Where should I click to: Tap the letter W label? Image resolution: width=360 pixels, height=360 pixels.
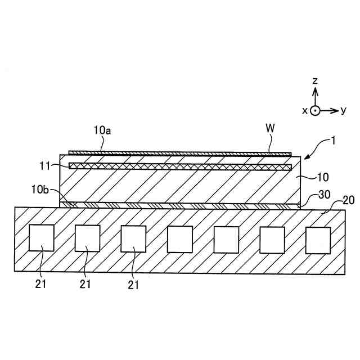271,128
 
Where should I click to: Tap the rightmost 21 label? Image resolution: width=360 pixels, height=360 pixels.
133,285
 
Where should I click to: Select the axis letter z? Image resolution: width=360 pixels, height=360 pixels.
316,82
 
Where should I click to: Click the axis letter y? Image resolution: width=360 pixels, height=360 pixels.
344,111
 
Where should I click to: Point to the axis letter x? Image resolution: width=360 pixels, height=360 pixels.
305,111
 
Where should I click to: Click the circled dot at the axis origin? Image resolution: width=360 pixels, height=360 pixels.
316,111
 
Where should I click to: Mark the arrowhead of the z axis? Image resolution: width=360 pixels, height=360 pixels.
316,91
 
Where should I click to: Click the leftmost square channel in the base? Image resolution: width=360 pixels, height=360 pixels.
42,237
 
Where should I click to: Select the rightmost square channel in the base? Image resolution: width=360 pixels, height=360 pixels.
318,240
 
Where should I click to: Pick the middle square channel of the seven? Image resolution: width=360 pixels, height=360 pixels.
179,240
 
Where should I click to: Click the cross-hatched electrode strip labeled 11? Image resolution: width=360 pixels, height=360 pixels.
180,167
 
